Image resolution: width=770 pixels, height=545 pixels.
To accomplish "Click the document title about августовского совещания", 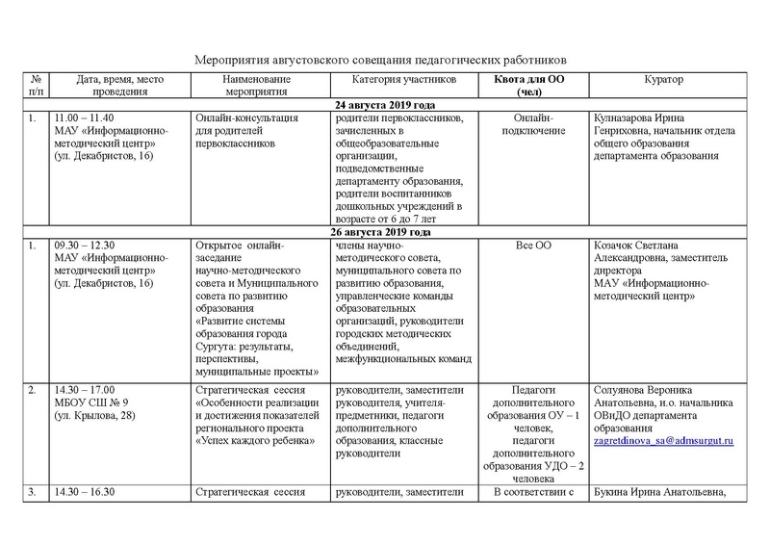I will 382,58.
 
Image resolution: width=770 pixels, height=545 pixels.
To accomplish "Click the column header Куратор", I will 659,80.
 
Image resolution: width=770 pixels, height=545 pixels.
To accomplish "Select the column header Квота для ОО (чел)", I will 534,86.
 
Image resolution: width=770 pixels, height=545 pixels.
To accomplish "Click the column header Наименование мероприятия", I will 255,86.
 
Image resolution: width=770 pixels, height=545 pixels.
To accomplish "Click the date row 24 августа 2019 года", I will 384,104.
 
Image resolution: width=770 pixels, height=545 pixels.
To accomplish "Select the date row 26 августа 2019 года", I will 384,232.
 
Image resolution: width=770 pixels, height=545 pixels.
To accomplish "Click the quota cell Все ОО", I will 534,247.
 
